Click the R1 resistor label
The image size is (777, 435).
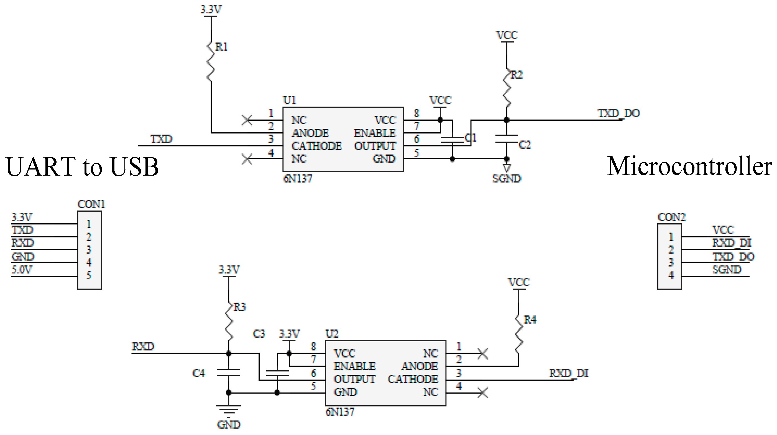click(x=221, y=47)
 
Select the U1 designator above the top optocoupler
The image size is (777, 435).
click(x=289, y=100)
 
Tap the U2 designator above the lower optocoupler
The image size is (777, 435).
click(x=332, y=333)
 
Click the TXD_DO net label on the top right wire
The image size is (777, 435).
click(x=618, y=113)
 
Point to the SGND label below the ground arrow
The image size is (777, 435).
click(x=507, y=178)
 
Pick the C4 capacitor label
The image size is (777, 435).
click(x=198, y=373)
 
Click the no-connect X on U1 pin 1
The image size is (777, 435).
click(x=247, y=120)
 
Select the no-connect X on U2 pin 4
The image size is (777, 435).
click(x=483, y=393)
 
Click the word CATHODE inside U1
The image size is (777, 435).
click(x=316, y=146)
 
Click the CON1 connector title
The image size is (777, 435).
click(x=91, y=204)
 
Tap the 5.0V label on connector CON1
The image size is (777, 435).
click(x=21, y=270)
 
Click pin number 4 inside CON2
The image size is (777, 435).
click(x=671, y=275)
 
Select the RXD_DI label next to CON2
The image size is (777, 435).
click(x=731, y=243)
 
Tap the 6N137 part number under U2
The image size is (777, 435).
click(x=340, y=412)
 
